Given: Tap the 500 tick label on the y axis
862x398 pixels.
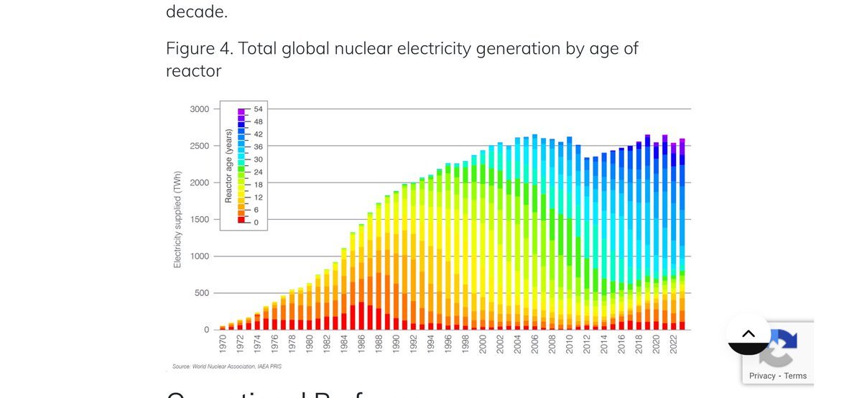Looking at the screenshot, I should pos(201,293).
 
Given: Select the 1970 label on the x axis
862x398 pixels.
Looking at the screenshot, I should pos(223,344).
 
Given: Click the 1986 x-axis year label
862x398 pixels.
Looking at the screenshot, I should pos(361,344).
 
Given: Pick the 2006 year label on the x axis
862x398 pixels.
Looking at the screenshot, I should pos(534,344).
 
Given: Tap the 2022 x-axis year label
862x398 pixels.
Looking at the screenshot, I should pos(674,344).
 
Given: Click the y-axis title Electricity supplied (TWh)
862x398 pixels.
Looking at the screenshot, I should pos(177,220).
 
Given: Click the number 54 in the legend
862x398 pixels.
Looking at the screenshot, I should pos(259,109).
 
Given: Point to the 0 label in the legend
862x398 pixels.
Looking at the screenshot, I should pos(256,221).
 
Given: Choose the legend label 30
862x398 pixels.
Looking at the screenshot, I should pos(259,159).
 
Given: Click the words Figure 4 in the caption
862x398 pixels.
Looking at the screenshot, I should pos(196,49).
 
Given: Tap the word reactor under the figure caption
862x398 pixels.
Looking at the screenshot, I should pos(193,71).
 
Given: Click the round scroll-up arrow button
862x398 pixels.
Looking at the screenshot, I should pos(748,334).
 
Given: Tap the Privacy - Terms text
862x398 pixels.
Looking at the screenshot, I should pos(777,376).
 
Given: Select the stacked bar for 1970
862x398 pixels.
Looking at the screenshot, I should pos(223,327).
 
